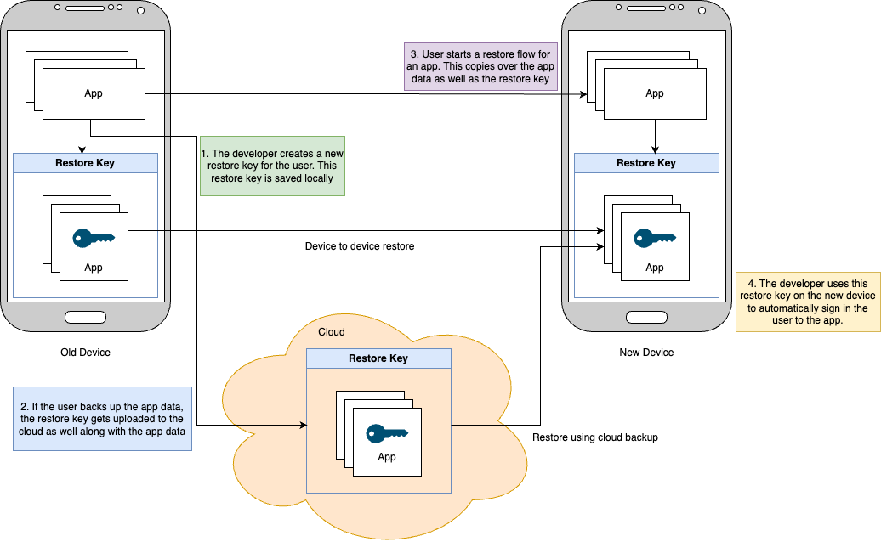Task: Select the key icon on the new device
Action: (655, 239)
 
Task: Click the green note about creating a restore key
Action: (272, 166)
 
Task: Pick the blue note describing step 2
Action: (102, 417)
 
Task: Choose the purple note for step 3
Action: (480, 67)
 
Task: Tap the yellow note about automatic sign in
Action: (808, 302)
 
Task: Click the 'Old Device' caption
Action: (85, 353)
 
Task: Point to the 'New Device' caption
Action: (646, 353)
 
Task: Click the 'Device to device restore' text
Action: (360, 246)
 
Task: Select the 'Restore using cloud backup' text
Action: (595, 437)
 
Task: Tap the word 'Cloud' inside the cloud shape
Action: (332, 332)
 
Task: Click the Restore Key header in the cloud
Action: (378, 358)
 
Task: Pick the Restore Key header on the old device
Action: (85, 163)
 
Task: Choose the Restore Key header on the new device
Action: (646, 163)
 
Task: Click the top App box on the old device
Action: (94, 93)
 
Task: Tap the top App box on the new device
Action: (655, 93)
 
